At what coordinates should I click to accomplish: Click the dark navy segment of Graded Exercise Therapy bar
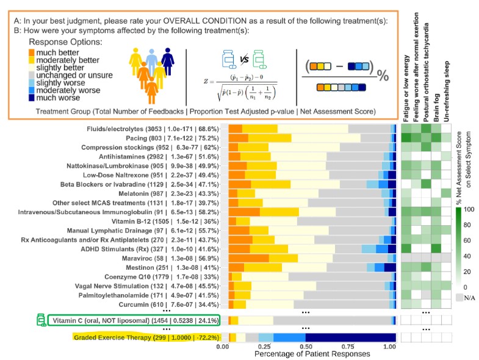tap(350, 337)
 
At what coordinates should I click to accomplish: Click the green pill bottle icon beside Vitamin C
tap(41, 320)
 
